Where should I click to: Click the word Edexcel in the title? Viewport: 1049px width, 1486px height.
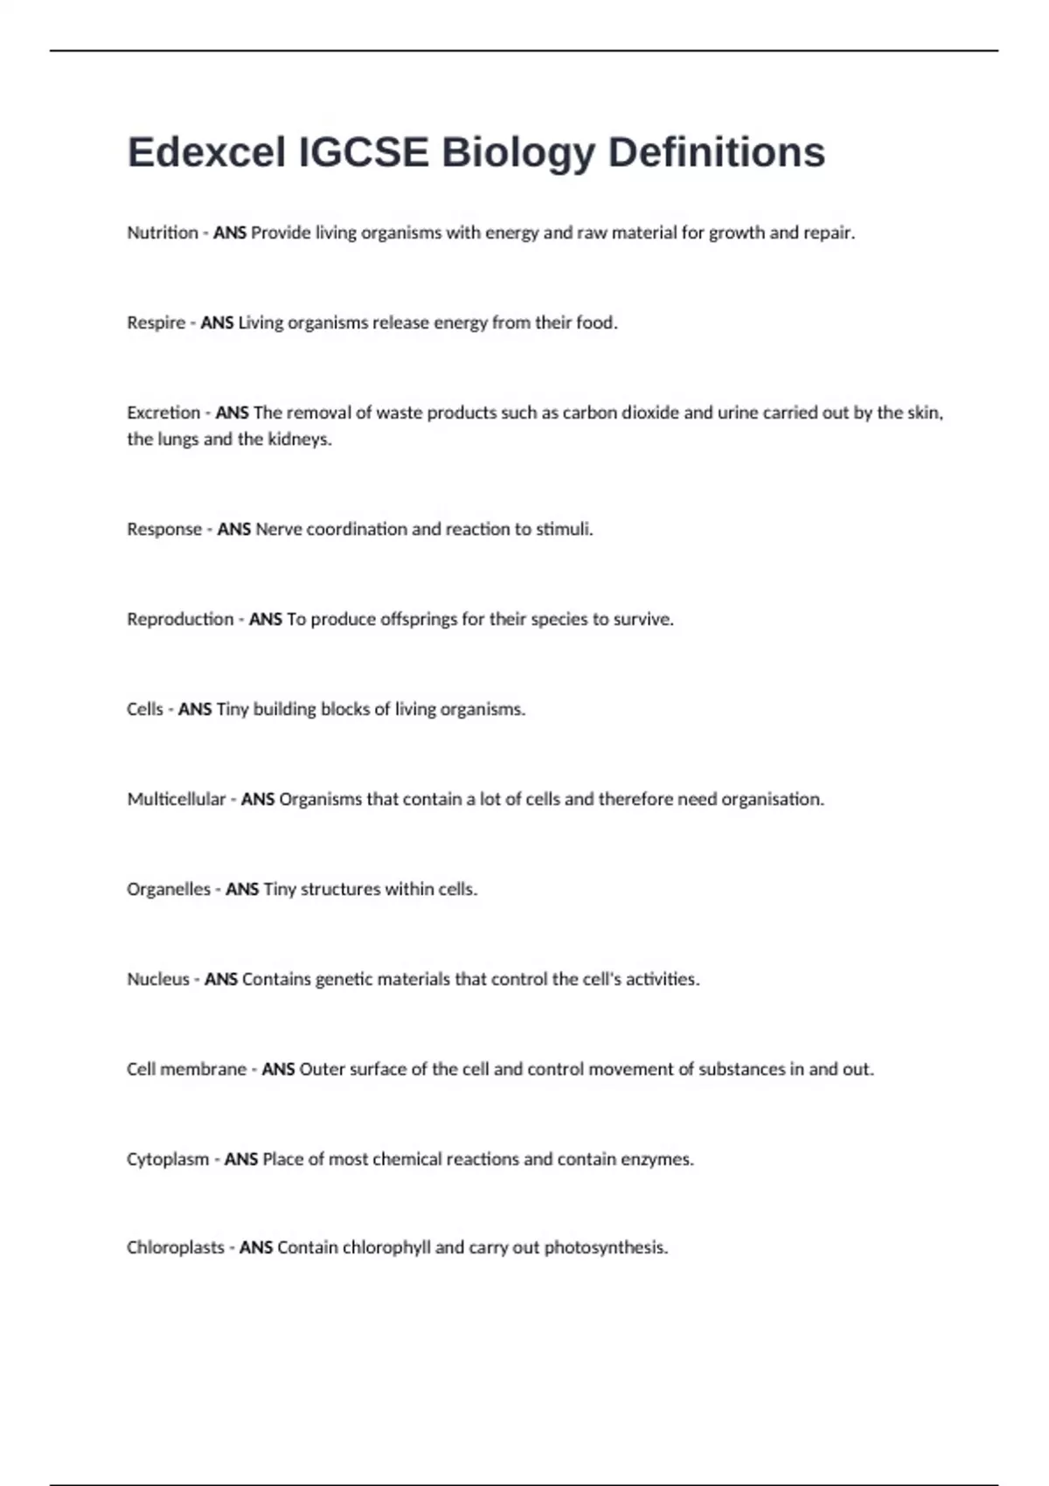206,152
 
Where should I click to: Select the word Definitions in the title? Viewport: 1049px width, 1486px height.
716,152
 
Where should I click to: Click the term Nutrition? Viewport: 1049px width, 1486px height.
163,233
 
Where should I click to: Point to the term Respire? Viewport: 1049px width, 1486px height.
156,323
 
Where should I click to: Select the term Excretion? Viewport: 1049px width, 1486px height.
163,413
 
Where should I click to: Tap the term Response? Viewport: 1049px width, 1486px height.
164,529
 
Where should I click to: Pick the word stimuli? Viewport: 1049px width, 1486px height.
564,529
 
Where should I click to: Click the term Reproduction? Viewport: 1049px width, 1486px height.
180,619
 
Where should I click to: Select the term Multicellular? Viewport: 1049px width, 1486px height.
177,799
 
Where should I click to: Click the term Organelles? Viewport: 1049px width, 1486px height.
169,889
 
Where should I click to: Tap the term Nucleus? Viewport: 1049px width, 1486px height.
158,979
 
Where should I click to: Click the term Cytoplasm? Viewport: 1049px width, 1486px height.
168,1159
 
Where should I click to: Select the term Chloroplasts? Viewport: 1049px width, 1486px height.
176,1247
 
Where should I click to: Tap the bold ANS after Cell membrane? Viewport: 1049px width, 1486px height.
278,1069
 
